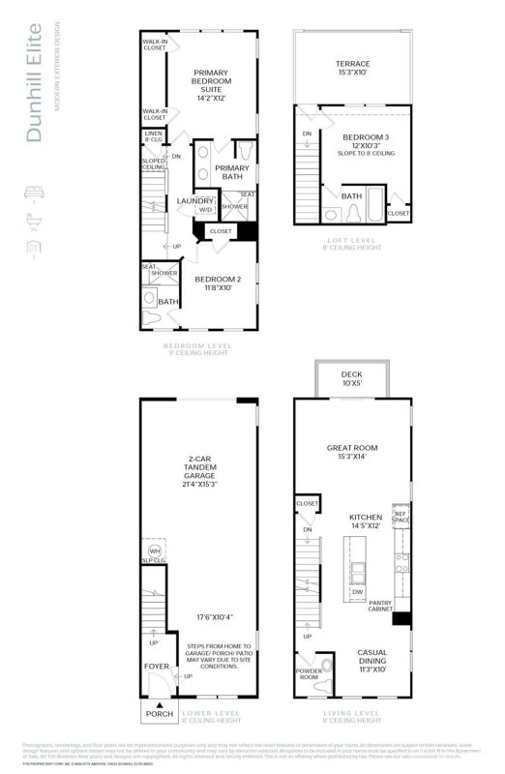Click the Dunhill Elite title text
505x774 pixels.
(x=35, y=87)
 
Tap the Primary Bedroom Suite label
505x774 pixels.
(x=211, y=84)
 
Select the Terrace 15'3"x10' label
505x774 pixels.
(x=353, y=69)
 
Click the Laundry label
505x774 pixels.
(x=195, y=200)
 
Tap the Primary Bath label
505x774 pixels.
(x=231, y=171)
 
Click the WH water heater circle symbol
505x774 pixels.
(x=154, y=551)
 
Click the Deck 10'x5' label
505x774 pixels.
(x=352, y=379)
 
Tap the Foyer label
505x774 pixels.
(x=157, y=666)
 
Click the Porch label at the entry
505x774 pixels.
(x=159, y=714)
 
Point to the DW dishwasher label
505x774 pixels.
(x=357, y=592)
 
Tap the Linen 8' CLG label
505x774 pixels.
(x=153, y=137)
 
